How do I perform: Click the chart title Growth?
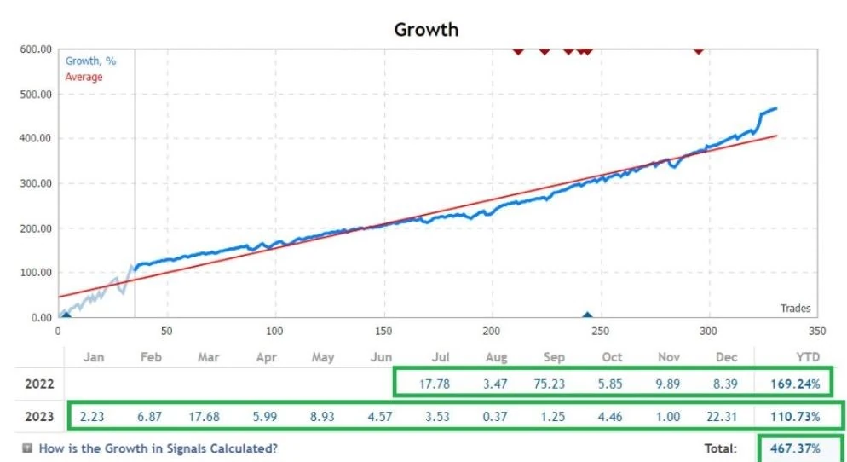point(426,29)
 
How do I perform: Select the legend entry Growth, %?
point(90,61)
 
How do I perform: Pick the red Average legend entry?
point(84,77)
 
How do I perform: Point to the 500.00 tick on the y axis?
point(37,94)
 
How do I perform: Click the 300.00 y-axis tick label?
point(37,183)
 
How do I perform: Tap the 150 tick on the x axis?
point(384,332)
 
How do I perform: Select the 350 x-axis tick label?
point(817,332)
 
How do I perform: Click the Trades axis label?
point(795,308)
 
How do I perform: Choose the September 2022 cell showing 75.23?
point(550,384)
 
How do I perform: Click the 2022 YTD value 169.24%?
point(795,384)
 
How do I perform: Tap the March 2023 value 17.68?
point(205,417)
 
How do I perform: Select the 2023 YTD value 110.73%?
point(795,417)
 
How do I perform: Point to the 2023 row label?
point(39,417)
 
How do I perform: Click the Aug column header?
point(497,357)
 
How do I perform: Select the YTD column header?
point(808,357)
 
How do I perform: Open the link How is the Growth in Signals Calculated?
point(158,448)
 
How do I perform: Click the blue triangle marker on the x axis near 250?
point(587,315)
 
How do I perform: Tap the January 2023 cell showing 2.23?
point(92,417)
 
